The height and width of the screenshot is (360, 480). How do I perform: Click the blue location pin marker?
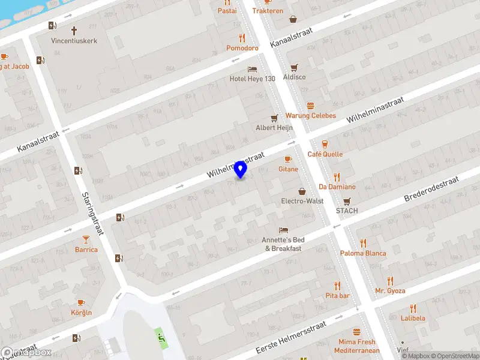pos(241,169)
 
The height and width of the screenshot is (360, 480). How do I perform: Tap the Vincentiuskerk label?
pos(74,41)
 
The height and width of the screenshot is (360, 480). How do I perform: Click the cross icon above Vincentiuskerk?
pos(74,30)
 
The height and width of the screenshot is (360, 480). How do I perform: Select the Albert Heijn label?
pos(274,128)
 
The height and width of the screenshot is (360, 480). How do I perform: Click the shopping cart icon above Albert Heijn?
pos(274,118)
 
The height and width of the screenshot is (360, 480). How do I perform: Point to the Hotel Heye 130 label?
pos(253,79)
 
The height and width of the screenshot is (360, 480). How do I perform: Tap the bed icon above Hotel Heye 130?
pos(253,68)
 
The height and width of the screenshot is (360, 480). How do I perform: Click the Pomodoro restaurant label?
pos(242,48)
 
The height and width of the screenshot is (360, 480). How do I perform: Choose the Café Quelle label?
pos(325,154)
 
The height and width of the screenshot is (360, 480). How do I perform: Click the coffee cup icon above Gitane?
pos(288,159)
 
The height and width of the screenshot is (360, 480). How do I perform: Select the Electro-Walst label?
pos(302,201)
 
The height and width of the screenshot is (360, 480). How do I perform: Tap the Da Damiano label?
pos(337,187)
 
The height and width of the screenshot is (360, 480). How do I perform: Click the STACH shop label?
pos(347,211)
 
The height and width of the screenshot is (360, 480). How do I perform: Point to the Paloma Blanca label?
pos(363,253)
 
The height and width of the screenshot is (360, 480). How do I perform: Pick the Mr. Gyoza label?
pos(390,291)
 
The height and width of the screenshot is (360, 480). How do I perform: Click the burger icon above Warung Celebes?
pos(310,105)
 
